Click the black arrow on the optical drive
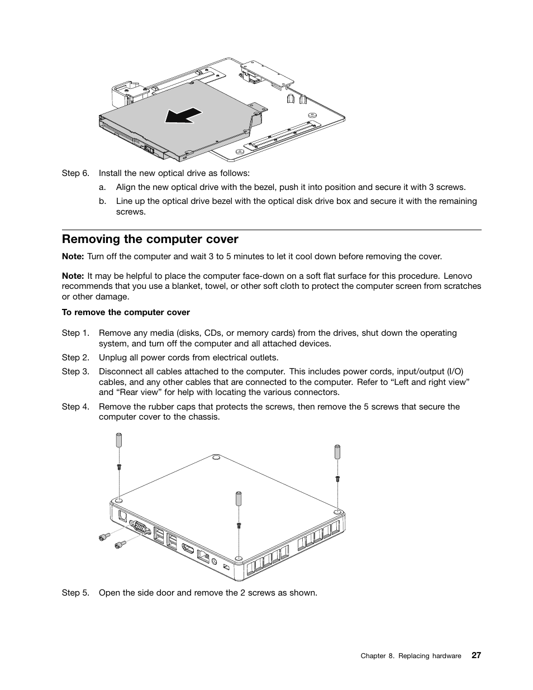pos(183,115)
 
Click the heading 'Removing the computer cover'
pos(150,240)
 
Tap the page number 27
pos(475,655)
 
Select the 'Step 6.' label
pos(75,173)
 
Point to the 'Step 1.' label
pos(75,333)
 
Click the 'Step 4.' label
pos(75,407)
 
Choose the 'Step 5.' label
pos(75,592)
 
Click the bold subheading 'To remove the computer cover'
pos(126,312)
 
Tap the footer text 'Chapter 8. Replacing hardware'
pos(411,656)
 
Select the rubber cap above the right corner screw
pos(337,451)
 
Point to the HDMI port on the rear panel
pos(188,550)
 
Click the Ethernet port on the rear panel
pos(205,556)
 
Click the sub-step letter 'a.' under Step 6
pos(103,187)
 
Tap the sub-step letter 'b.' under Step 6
pos(103,201)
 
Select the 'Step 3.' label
pos(75,372)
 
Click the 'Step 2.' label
pos(75,358)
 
